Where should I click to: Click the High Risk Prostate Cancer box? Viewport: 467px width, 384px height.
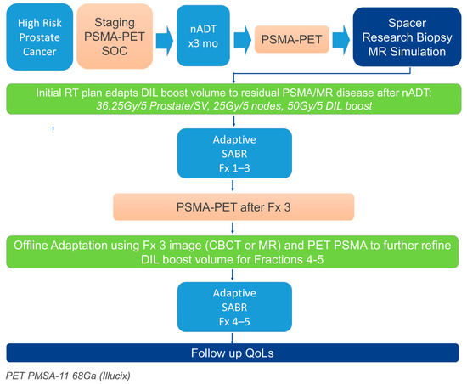click(40, 37)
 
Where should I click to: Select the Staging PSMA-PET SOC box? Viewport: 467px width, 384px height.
click(115, 37)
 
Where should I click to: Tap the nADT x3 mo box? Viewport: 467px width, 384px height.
click(203, 36)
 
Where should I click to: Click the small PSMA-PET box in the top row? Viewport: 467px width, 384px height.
click(291, 39)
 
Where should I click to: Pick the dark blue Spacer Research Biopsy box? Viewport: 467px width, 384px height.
click(407, 37)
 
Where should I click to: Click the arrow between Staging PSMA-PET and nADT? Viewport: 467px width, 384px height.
click(165, 41)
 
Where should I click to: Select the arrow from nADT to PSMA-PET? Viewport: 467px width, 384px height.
click(243, 40)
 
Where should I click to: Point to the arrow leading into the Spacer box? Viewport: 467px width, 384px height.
click(341, 40)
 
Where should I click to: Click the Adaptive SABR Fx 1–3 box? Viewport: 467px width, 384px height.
click(234, 154)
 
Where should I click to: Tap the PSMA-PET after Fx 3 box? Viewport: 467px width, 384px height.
click(233, 207)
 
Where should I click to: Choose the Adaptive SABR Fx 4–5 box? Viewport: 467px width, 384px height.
click(234, 308)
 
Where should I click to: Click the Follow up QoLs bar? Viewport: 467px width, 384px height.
click(233, 353)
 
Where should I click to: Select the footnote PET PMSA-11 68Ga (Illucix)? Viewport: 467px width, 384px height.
click(68, 376)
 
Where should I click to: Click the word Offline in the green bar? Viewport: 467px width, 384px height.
click(31, 246)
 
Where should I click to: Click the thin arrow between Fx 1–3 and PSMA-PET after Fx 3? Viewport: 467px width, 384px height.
click(233, 185)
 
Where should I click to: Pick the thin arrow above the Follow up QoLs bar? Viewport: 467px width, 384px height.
click(233, 338)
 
